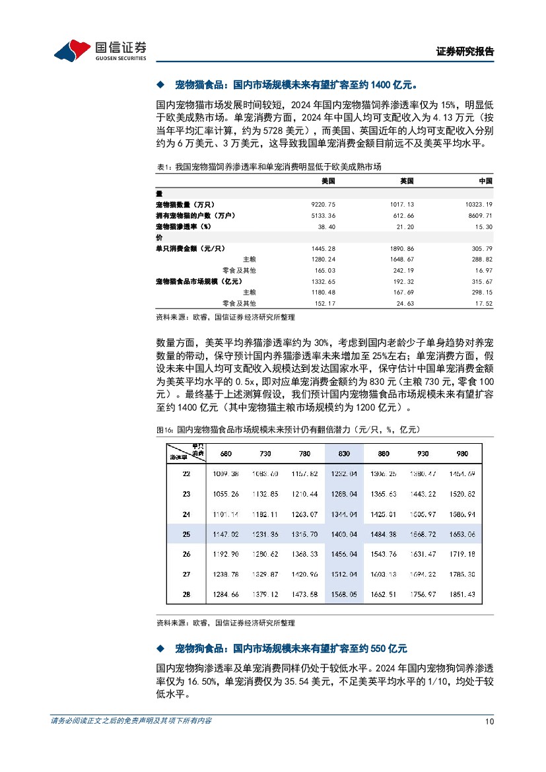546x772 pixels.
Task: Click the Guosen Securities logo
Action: tap(100, 50)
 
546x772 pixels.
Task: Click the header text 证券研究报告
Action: tap(465, 52)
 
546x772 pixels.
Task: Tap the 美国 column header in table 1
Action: tap(328, 180)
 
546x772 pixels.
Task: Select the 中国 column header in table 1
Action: tap(485, 180)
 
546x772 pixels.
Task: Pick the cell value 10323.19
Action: tap(479, 205)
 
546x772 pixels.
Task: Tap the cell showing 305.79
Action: tap(481, 248)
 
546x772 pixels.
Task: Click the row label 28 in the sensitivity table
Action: tap(186, 595)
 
